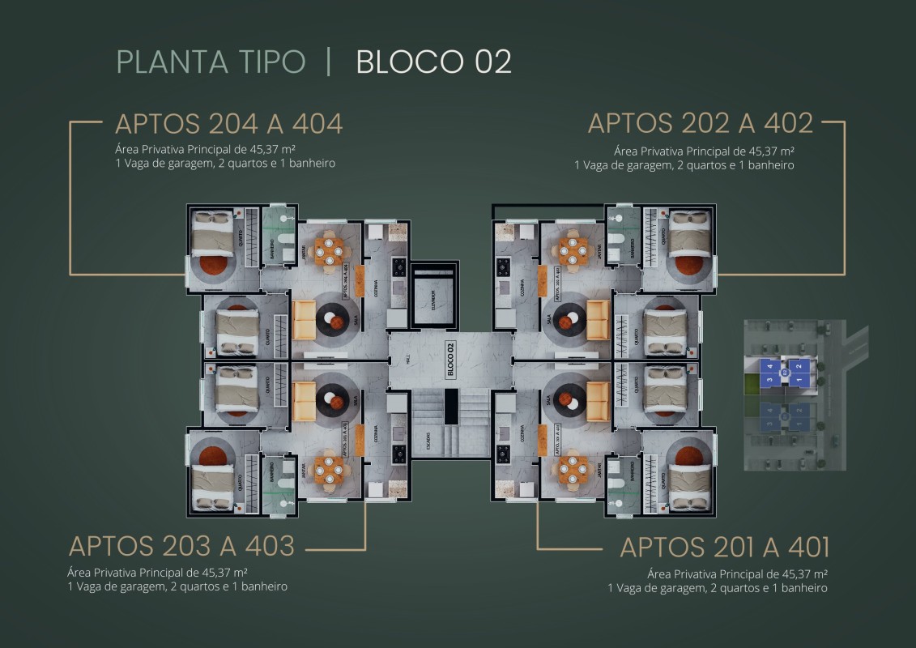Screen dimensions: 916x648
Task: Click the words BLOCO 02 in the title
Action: click(x=433, y=62)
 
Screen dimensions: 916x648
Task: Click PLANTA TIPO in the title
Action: click(x=211, y=62)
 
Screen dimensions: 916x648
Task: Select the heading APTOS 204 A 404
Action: click(x=229, y=124)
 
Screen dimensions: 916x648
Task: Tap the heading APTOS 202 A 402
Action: click(x=700, y=123)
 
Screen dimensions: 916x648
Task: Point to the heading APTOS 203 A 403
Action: click(x=181, y=546)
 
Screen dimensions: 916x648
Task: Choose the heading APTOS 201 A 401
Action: click(x=724, y=547)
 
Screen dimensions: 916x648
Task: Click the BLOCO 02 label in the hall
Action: click(x=450, y=360)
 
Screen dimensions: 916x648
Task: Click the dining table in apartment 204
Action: click(x=328, y=252)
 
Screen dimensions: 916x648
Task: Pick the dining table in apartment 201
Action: click(x=573, y=470)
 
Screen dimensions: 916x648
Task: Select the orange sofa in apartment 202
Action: click(x=599, y=319)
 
